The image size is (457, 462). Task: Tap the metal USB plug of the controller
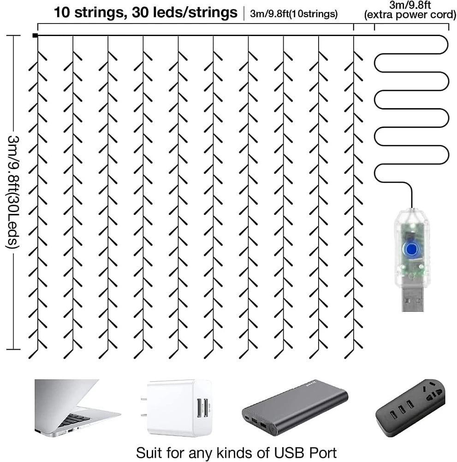412,296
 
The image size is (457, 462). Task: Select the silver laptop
74,407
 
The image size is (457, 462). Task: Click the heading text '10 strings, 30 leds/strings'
145,12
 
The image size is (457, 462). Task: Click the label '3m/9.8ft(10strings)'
294,14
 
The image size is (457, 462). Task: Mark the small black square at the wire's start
35,35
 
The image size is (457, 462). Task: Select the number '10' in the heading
63,12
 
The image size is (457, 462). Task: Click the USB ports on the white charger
202,408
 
